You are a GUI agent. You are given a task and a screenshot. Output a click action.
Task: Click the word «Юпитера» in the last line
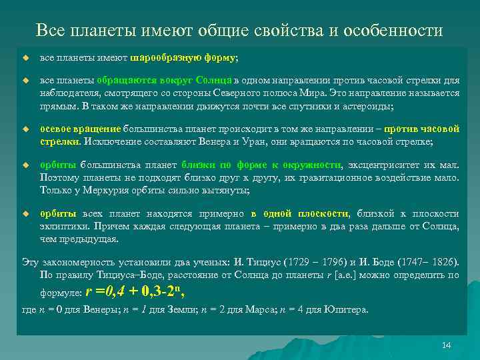click(348, 309)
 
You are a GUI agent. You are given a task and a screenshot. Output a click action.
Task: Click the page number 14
click(447, 345)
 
